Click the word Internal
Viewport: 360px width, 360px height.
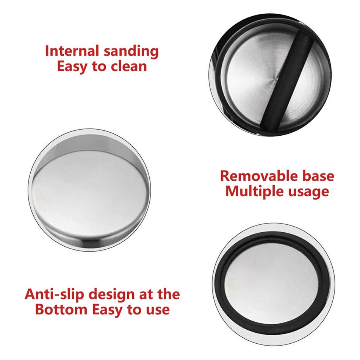[x=72, y=51]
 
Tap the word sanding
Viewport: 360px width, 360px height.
[x=131, y=52]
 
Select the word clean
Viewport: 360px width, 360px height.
[x=129, y=66]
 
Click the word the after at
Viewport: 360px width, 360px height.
[x=168, y=294]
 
